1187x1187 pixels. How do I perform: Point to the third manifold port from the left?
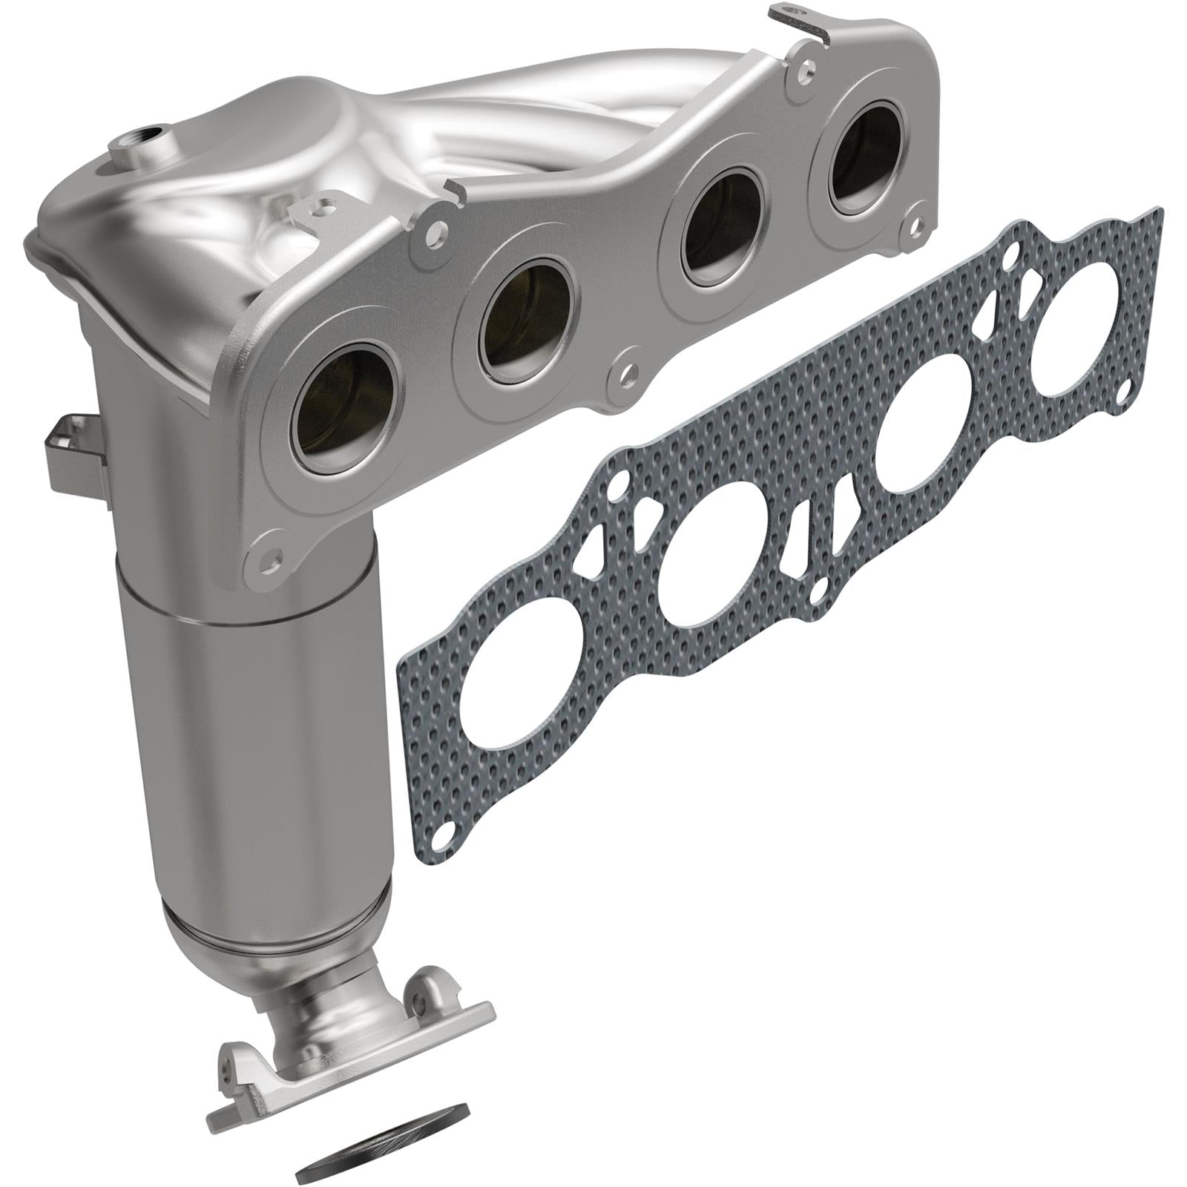point(722,236)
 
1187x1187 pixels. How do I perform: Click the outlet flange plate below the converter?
point(349,1039)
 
